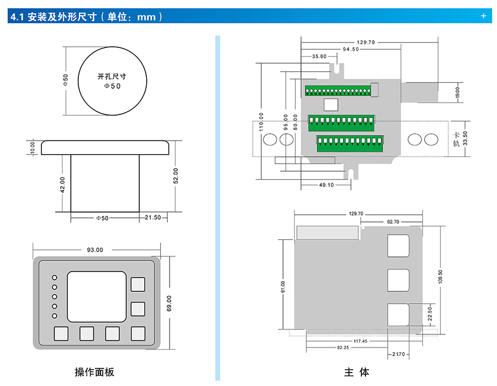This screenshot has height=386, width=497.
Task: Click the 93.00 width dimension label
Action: point(95,250)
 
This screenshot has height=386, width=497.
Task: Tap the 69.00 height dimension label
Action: point(170,302)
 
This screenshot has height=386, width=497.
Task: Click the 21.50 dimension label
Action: point(153,218)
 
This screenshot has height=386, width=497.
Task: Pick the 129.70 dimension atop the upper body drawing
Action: point(365,42)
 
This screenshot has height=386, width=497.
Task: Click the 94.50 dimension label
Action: point(351,50)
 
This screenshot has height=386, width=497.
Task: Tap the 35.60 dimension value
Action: point(319,57)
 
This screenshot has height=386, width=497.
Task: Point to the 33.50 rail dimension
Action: point(465,139)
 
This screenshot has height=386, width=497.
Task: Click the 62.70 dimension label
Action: point(393,222)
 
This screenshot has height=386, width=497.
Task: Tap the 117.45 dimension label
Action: point(361,341)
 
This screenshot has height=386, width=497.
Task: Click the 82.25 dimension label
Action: point(343,347)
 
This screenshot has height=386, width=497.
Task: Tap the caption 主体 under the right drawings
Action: point(357,373)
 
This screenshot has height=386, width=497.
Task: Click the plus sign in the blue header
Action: point(484,16)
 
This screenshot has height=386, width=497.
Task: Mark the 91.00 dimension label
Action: point(283,287)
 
